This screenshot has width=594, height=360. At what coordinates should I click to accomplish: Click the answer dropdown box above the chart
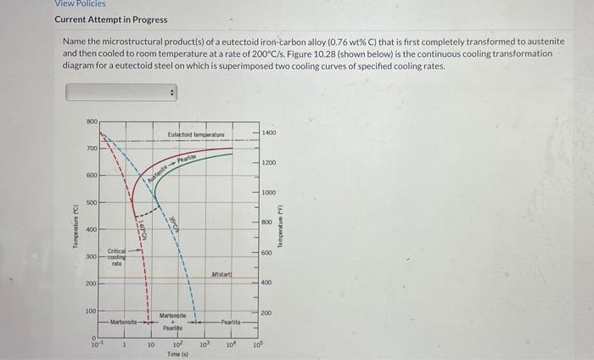coord(121,91)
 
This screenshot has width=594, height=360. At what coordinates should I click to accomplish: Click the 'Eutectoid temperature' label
coord(196,134)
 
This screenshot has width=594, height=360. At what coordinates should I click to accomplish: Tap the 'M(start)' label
coord(222,273)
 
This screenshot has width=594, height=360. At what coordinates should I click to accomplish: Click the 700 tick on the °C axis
coord(91,149)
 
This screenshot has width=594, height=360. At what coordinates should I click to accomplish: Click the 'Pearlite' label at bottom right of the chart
coord(233,323)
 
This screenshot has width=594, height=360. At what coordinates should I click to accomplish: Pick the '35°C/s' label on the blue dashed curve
coord(173,224)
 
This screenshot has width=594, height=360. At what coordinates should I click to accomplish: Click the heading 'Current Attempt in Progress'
coord(111,20)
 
